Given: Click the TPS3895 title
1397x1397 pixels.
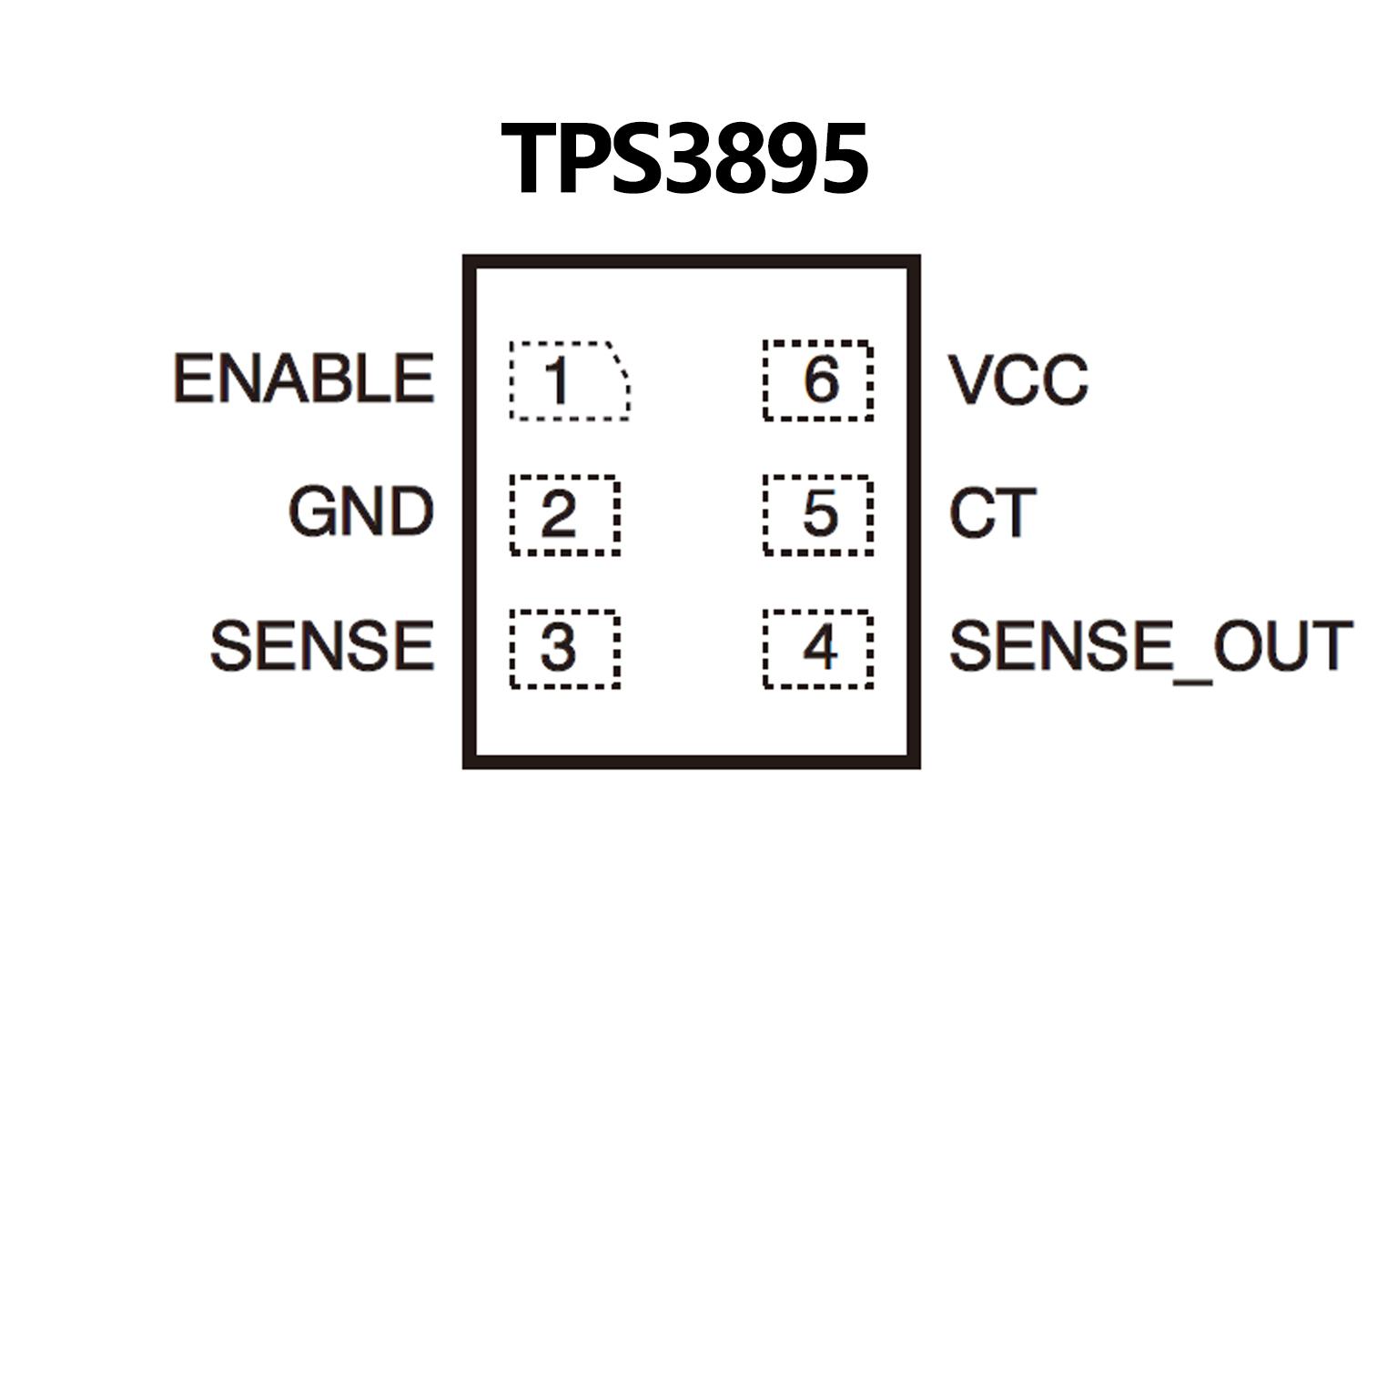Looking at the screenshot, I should (684, 159).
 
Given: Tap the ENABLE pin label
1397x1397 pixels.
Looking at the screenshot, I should (304, 379).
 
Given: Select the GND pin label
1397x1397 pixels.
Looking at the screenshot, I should (361, 511).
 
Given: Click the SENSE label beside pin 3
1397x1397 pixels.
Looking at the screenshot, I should (322, 646).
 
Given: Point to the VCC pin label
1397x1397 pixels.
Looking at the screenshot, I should (1018, 380).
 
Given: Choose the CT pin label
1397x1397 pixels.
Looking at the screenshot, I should (992, 513).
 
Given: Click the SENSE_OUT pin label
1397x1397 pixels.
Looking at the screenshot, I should (1150, 647).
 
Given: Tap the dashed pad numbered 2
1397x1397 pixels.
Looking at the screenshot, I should (564, 514).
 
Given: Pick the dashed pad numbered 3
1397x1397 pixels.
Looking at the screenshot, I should (564, 648).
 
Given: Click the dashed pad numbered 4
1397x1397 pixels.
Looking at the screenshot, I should (818, 648).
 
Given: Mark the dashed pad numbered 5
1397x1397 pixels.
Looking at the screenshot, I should (818, 514).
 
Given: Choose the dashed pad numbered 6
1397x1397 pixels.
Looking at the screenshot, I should (818, 380).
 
